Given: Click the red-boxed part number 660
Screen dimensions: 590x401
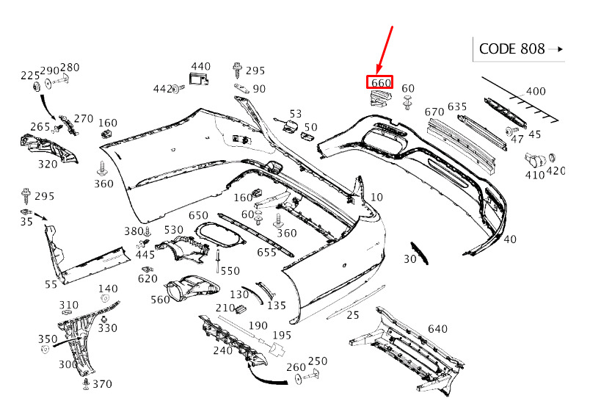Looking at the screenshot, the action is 380,82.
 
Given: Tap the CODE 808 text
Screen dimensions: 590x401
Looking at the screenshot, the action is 511,49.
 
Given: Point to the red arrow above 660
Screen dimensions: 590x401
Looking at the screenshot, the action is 385,50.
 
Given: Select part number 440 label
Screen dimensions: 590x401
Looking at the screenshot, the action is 200,67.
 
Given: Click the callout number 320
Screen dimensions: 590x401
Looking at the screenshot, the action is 48,165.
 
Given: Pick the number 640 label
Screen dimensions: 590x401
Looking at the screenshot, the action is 437,329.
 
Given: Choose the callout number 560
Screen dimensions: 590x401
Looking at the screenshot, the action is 160,300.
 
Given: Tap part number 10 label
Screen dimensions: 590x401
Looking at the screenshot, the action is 376,198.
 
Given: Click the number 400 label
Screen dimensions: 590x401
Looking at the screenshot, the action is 536,92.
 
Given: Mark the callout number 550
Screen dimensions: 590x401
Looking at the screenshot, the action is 230,271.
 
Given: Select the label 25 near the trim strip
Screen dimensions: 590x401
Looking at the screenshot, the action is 353,315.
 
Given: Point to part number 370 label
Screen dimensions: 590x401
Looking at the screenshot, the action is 102,384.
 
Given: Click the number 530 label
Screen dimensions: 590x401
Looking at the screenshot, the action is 174,230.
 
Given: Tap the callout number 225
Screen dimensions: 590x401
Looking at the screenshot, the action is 30,76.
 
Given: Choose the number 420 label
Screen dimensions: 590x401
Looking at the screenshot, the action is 556,171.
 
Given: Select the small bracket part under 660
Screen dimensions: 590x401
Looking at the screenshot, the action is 379,97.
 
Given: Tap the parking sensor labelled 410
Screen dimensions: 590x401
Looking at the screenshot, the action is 535,160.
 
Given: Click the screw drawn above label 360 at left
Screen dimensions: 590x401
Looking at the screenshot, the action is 101,169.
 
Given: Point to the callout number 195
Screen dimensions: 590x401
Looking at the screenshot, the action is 282,335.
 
